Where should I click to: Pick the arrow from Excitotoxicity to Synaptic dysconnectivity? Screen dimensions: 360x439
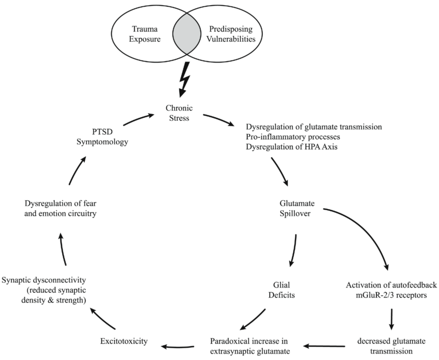102,318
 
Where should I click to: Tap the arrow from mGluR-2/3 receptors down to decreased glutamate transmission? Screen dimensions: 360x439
392,319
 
